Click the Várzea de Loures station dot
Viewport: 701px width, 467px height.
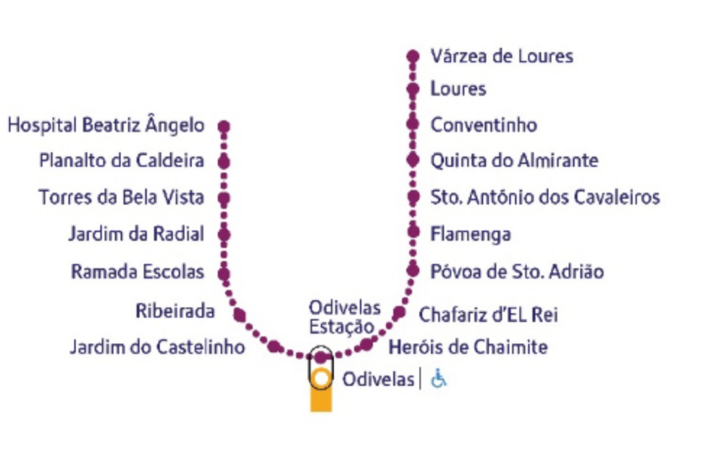(x=412, y=56)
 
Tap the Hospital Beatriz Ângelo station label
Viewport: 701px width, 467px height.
(x=106, y=125)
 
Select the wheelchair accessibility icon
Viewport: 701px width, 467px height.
(x=439, y=379)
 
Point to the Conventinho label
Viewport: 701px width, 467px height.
(x=483, y=125)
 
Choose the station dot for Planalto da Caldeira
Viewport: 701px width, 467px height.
(x=223, y=161)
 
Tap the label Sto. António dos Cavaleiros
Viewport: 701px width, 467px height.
(x=545, y=197)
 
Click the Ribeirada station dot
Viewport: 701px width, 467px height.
(x=240, y=314)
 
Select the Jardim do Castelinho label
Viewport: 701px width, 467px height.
(x=157, y=347)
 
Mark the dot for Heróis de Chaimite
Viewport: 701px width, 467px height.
(x=366, y=345)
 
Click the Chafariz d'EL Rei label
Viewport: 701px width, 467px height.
(x=488, y=314)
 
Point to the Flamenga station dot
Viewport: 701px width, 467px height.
(x=412, y=234)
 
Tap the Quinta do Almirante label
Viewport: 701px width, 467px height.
(x=514, y=161)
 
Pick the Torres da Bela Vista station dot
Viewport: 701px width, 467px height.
(x=223, y=198)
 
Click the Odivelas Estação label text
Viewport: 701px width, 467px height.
(x=344, y=317)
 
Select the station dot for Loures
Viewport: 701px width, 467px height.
(x=412, y=89)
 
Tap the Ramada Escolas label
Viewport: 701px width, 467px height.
(x=137, y=271)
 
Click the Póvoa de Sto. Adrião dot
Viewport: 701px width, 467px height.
(x=412, y=270)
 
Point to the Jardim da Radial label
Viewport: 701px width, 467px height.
(x=135, y=235)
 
